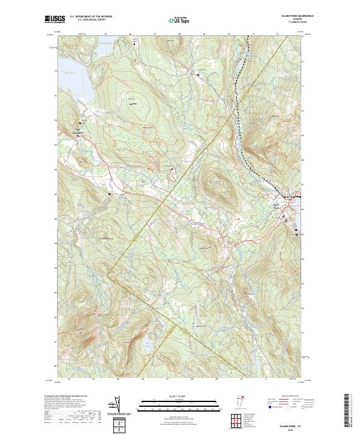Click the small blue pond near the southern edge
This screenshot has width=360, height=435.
pos(147,344)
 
